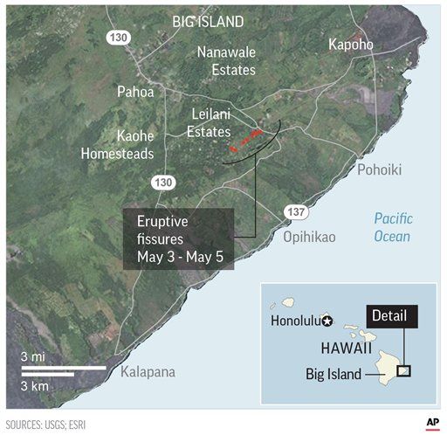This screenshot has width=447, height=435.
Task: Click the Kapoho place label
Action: click(354, 45)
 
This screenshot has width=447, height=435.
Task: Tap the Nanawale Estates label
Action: click(225, 61)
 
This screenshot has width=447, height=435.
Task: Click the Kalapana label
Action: click(148, 372)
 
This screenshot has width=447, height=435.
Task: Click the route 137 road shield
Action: click(294, 211)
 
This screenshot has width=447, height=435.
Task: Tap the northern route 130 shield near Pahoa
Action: click(118, 38)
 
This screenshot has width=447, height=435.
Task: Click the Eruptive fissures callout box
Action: click(178, 238)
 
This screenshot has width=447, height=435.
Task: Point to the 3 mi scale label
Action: click(32, 357)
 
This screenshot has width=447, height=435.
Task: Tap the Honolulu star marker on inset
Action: click(327, 321)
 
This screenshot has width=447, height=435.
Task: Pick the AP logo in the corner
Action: click(431, 423)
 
